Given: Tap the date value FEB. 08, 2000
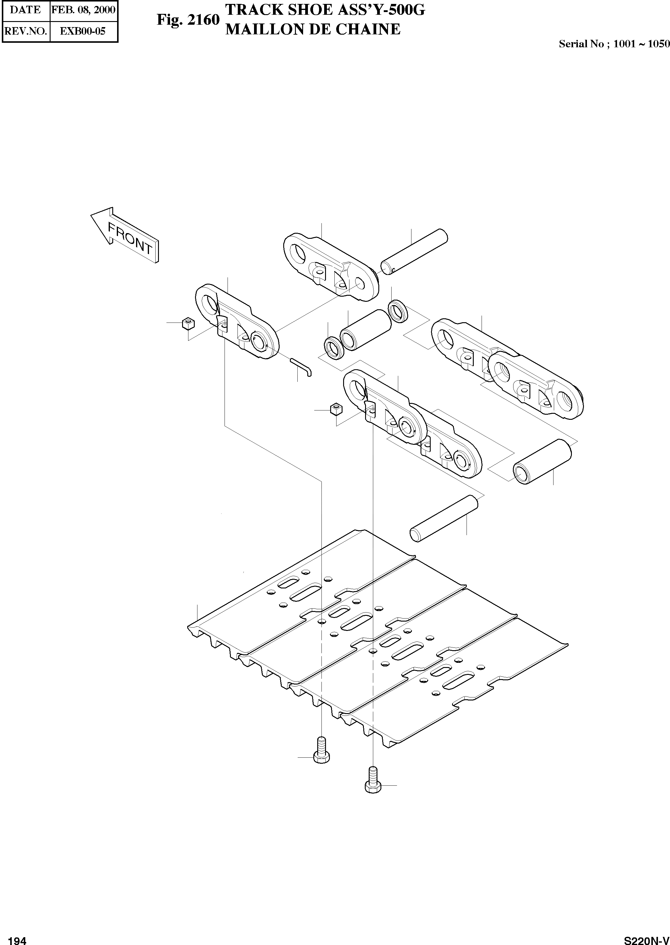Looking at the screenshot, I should click(83, 10).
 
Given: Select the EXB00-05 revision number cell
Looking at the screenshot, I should click(83, 31).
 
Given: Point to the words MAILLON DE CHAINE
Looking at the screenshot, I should click(313, 29).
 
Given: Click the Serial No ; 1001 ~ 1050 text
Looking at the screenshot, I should click(614, 44).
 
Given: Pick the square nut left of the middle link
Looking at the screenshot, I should click(336, 410).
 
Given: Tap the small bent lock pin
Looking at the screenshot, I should click(302, 366).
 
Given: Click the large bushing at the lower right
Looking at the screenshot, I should click(542, 461).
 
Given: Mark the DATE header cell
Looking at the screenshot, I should click(26, 10).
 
